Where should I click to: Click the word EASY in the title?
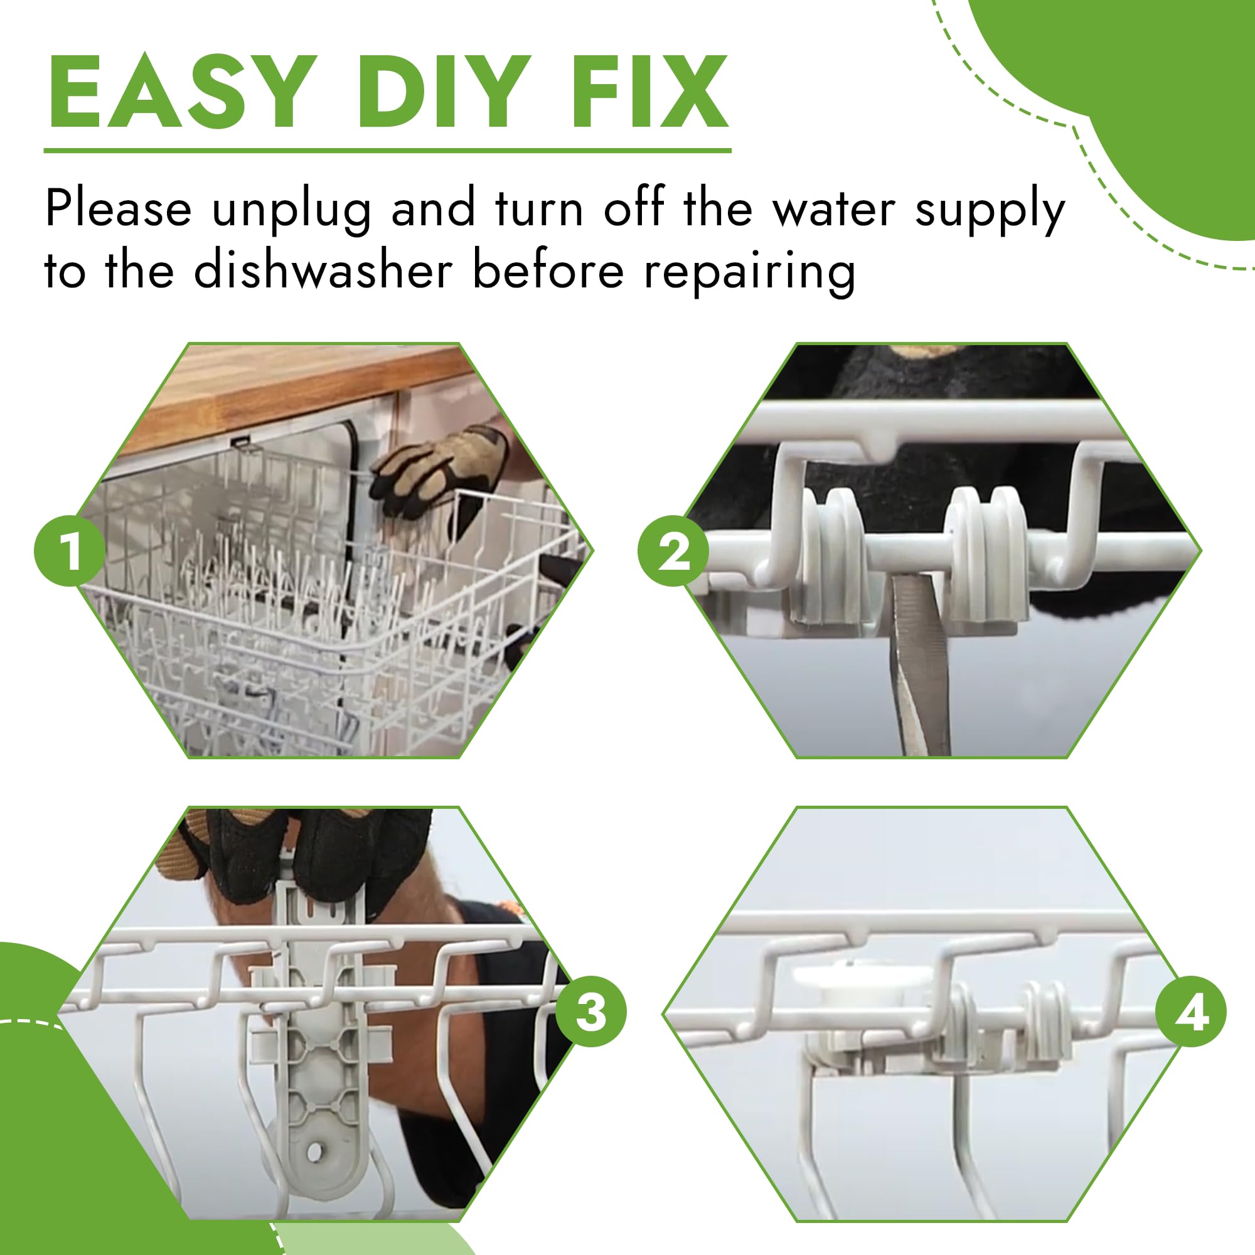[179, 92]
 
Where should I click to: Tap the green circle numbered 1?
[70, 551]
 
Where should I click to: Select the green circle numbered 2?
[673, 551]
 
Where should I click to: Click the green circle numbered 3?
[590, 1012]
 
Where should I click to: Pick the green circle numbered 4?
[1191, 1012]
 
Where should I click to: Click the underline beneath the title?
[387, 150]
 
